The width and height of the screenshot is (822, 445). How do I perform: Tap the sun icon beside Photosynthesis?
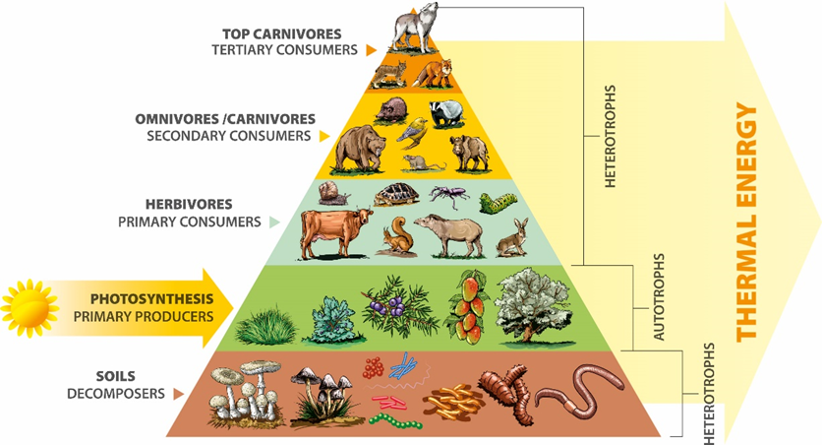tap(29, 305)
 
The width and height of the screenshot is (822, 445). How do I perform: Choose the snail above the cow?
tap(336, 194)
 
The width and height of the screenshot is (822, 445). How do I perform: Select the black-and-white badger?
tap(452, 111)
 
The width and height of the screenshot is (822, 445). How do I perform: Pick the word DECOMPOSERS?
tap(115, 393)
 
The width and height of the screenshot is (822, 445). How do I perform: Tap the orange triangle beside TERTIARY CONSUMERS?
tap(371, 48)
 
